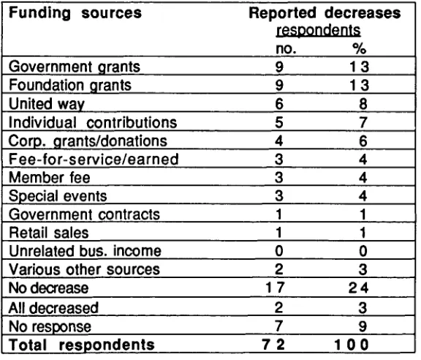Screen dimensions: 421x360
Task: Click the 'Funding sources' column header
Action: pos(75,12)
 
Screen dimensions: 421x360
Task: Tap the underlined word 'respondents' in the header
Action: pos(319,31)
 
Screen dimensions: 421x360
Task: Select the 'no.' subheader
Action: pos(286,49)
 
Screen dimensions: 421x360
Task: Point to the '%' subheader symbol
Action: pos(359,48)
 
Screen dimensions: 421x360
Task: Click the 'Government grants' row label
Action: pos(75,67)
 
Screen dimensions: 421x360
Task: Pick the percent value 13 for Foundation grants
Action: pos(360,85)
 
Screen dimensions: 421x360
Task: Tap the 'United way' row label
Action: pos(47,104)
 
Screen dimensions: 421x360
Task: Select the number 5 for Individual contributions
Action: pos(279,122)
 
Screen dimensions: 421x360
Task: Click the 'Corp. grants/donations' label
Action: pos(88,141)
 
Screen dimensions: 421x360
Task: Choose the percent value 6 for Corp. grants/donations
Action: pos(363,141)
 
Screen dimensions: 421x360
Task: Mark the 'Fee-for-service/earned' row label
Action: pos(94,160)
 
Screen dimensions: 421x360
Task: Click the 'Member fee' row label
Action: pos(50,178)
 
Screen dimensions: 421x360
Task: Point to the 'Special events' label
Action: pos(58,196)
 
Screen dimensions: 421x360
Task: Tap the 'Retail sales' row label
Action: pos(48,233)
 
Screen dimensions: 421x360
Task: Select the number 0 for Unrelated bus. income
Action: pos(279,251)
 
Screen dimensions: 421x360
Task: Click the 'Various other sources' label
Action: pos(84,269)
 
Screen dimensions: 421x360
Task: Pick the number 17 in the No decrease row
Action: pos(276,288)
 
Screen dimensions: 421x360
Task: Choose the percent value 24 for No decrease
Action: pos(358,288)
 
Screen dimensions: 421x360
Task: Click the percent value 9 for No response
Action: pos(363,326)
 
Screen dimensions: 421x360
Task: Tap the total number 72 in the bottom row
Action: pos(273,345)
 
